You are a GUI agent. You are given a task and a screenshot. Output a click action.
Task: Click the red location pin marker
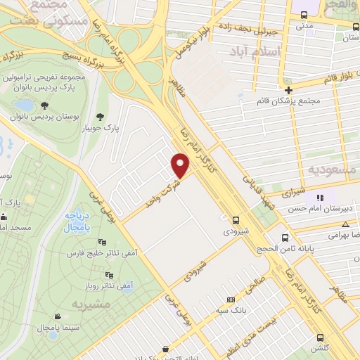(181, 165)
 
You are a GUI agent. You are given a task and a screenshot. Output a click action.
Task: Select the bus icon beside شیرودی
(236, 219)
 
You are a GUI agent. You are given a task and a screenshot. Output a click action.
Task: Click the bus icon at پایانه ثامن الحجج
(285, 237)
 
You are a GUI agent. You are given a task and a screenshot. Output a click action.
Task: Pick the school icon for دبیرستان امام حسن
(319, 198)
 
